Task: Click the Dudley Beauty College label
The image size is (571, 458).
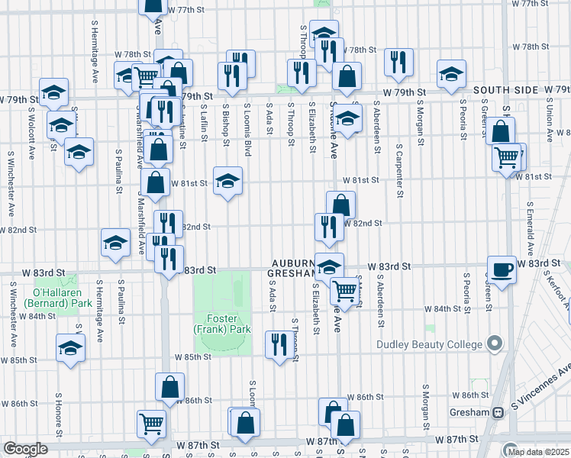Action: coord(431,344)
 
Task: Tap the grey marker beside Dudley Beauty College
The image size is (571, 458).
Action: coord(494,343)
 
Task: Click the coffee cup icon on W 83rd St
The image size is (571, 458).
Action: coord(502,270)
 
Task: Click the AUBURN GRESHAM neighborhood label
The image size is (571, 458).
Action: coord(290,267)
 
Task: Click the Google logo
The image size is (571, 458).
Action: coord(25,449)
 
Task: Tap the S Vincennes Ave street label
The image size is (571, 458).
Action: coord(543,389)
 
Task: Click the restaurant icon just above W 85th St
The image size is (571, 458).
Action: coord(278,344)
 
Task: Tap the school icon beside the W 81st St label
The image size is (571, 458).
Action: coord(227,182)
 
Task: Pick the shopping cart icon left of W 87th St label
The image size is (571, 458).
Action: coord(151,423)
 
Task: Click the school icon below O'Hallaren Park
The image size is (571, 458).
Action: coord(71,348)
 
